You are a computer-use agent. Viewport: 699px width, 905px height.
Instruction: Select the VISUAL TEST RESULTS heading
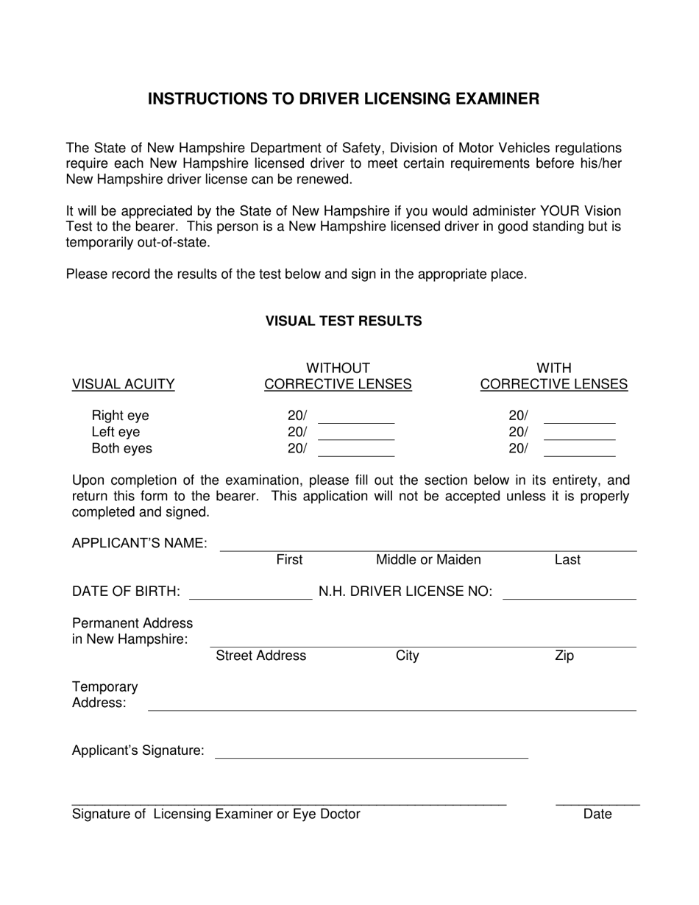(344, 321)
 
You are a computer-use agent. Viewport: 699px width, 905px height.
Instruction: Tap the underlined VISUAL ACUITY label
(123, 384)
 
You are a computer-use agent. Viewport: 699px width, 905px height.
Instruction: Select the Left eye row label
(116, 432)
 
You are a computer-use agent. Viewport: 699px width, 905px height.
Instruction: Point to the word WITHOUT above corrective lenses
(338, 368)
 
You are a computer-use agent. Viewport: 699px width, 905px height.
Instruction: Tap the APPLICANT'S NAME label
(140, 543)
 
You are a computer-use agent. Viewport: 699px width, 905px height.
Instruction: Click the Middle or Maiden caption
(428, 560)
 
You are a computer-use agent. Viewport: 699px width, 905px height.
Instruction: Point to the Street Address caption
(261, 656)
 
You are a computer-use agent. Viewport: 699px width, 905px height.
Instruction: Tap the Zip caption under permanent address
(564, 656)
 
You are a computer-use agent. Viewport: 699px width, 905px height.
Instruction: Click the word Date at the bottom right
(597, 814)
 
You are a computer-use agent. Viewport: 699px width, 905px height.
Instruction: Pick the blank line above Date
(597, 801)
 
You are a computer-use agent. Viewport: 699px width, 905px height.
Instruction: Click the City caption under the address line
(407, 656)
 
